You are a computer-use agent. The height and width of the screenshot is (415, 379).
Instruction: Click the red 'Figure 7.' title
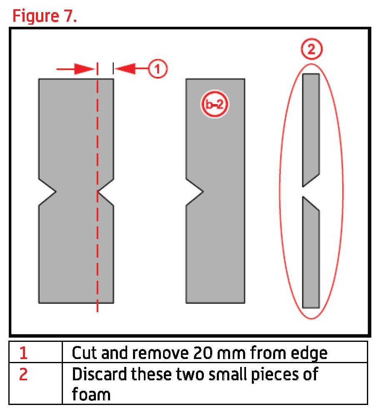coord(45,16)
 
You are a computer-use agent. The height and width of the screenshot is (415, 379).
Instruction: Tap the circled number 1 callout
coord(158,69)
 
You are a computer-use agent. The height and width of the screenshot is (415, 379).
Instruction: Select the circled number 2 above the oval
coord(311,49)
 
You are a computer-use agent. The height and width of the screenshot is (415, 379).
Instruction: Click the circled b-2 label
coord(214,104)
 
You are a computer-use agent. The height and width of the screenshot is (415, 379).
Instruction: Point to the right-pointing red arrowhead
coord(85,69)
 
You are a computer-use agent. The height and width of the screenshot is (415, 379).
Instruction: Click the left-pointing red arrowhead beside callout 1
coord(125,69)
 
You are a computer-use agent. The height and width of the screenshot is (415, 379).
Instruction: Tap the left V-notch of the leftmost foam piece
coord(48,192)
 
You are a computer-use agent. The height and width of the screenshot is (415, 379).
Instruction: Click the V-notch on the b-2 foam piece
coord(195,192)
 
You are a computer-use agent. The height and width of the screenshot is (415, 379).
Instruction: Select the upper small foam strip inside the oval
coord(311,130)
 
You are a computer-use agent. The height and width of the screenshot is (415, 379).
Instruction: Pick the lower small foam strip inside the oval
coord(311,252)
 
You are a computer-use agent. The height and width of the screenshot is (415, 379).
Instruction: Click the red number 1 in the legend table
coord(23,353)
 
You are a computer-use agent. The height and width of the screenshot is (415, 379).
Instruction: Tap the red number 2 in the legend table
coord(23,374)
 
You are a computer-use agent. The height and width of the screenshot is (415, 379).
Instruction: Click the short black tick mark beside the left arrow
coord(113,69)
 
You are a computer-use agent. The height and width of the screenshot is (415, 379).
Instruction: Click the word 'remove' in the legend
coord(161,353)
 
